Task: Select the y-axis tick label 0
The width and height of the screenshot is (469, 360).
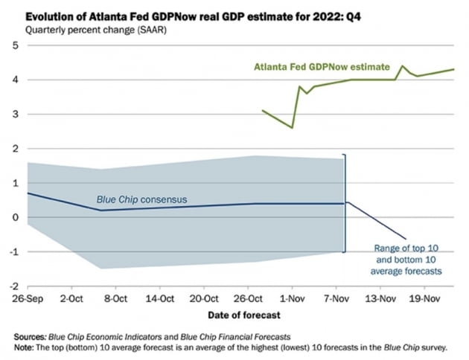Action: pyautogui.click(x=16, y=217)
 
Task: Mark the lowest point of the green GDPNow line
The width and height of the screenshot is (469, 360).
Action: pyautogui.click(x=292, y=127)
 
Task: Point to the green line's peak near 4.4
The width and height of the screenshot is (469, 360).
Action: pyautogui.click(x=402, y=66)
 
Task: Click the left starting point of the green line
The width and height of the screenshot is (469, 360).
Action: pyautogui.click(x=263, y=110)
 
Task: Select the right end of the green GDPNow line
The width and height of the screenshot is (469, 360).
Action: pyautogui.click(x=454, y=69)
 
